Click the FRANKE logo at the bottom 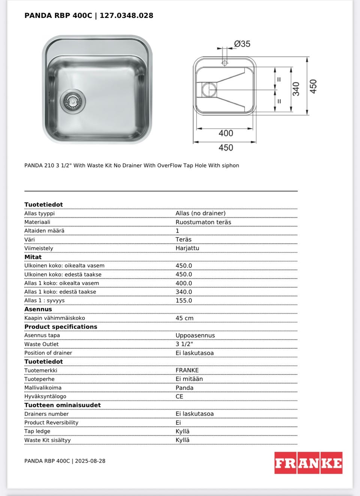pos(308,463)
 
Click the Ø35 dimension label pos(242,44)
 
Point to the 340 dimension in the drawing pos(296,89)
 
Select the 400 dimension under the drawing pos(226,133)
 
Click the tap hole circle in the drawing pos(225,63)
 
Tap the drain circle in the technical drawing pos(209,90)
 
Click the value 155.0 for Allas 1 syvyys pos(184,300)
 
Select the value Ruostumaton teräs pos(203,222)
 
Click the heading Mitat pos(33,257)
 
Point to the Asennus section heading pos(38,309)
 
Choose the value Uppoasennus pos(195,335)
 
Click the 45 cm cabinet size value pos(184,318)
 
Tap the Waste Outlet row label pos(42,344)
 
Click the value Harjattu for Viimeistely pos(187,248)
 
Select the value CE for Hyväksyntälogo pos(179,396)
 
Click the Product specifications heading pos(61,327)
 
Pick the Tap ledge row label pos(37,431)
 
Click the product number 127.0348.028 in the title pos(126,15)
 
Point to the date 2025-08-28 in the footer pos(90,461)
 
